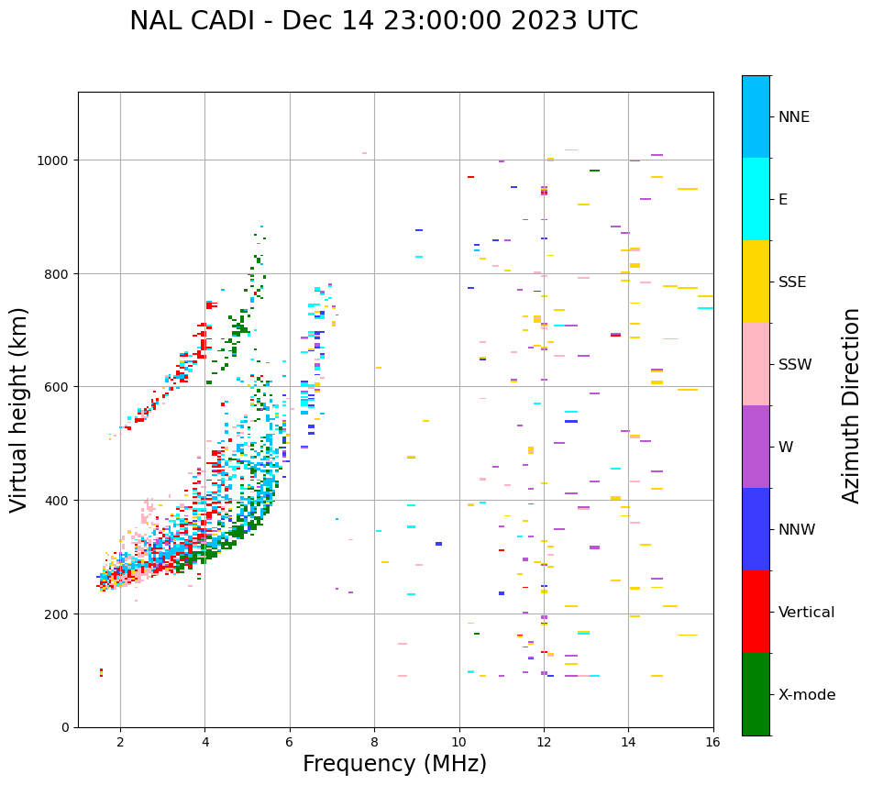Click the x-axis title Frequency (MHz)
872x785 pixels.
coord(394,764)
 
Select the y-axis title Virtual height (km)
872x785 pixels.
coord(19,409)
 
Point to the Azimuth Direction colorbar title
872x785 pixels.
coord(852,405)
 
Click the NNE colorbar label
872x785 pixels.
coord(793,116)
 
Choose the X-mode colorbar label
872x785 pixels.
coord(807,694)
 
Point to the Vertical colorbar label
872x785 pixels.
coord(807,612)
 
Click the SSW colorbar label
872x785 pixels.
coord(795,364)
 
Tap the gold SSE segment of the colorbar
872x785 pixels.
coord(756,282)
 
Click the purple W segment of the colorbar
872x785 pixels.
coord(756,447)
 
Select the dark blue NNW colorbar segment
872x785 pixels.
coord(756,529)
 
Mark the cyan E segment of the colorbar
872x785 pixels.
coord(756,199)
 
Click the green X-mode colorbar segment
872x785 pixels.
coord(756,694)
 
